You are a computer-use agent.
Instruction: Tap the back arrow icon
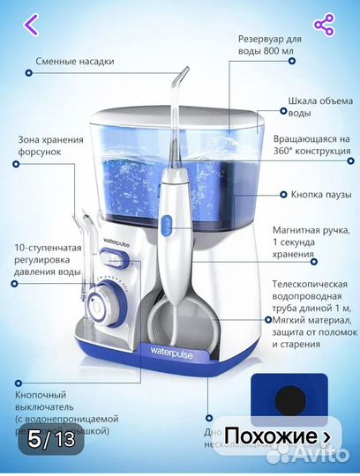(x=30, y=25)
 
